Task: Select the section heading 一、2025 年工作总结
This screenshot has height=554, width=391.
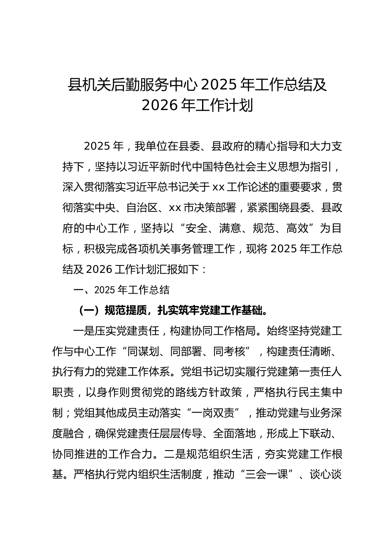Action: (x=121, y=290)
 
